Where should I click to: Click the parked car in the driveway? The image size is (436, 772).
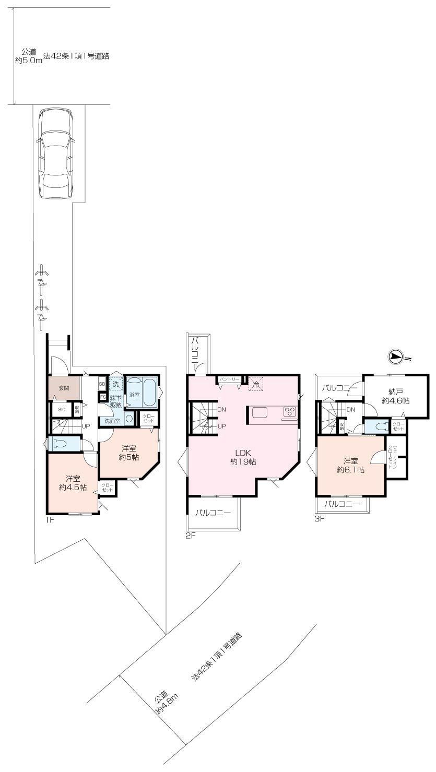click(55, 153)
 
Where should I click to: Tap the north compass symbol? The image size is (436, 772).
click(396, 357)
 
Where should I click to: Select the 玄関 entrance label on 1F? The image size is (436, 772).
click(64, 388)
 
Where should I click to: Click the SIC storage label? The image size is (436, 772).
click(61, 410)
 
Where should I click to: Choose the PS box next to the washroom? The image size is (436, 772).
click(102, 396)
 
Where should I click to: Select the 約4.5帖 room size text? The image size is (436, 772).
click(72, 488)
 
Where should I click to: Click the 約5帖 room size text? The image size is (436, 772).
click(128, 457)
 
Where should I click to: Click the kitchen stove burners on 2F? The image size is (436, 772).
click(289, 411)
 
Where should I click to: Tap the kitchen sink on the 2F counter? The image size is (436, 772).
click(261, 412)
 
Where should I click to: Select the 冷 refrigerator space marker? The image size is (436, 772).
click(256, 384)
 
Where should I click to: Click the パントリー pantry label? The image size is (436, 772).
click(229, 378)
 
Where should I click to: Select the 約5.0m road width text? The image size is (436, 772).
click(26, 61)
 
